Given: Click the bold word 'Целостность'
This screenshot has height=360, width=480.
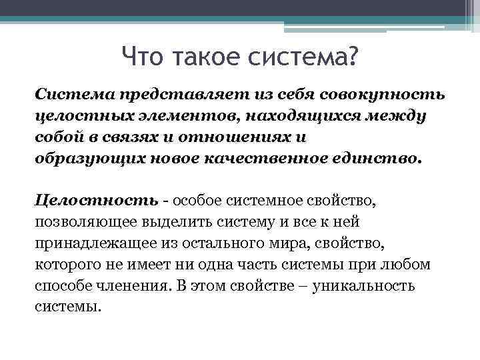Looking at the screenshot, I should (97, 200).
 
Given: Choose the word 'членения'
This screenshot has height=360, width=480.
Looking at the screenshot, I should (137, 287).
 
